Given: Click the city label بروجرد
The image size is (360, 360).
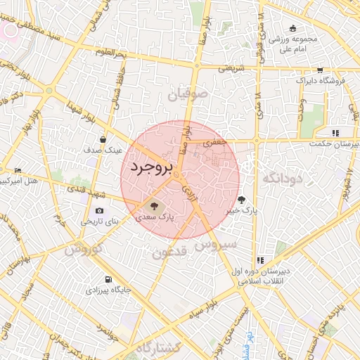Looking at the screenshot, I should (150, 168).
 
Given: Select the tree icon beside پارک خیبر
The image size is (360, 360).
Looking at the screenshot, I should (241, 199).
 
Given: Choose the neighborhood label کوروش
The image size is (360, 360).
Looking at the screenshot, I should (84, 248).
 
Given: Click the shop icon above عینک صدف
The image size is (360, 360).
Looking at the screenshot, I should (103, 139).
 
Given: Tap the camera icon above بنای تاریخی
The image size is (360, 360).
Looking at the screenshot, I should (99, 211).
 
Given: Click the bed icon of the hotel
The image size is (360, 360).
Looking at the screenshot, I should (18, 170).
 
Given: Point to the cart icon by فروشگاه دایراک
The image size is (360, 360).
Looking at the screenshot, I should (320, 70).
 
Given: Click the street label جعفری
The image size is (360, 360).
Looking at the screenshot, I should (211, 142).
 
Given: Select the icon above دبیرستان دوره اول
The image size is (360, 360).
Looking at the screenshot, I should (261, 260).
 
